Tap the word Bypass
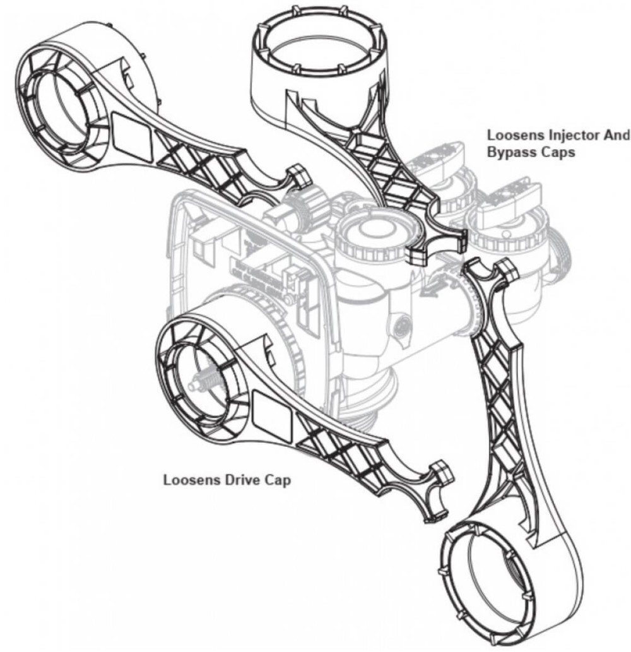coord(509,153)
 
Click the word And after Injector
coord(616,136)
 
